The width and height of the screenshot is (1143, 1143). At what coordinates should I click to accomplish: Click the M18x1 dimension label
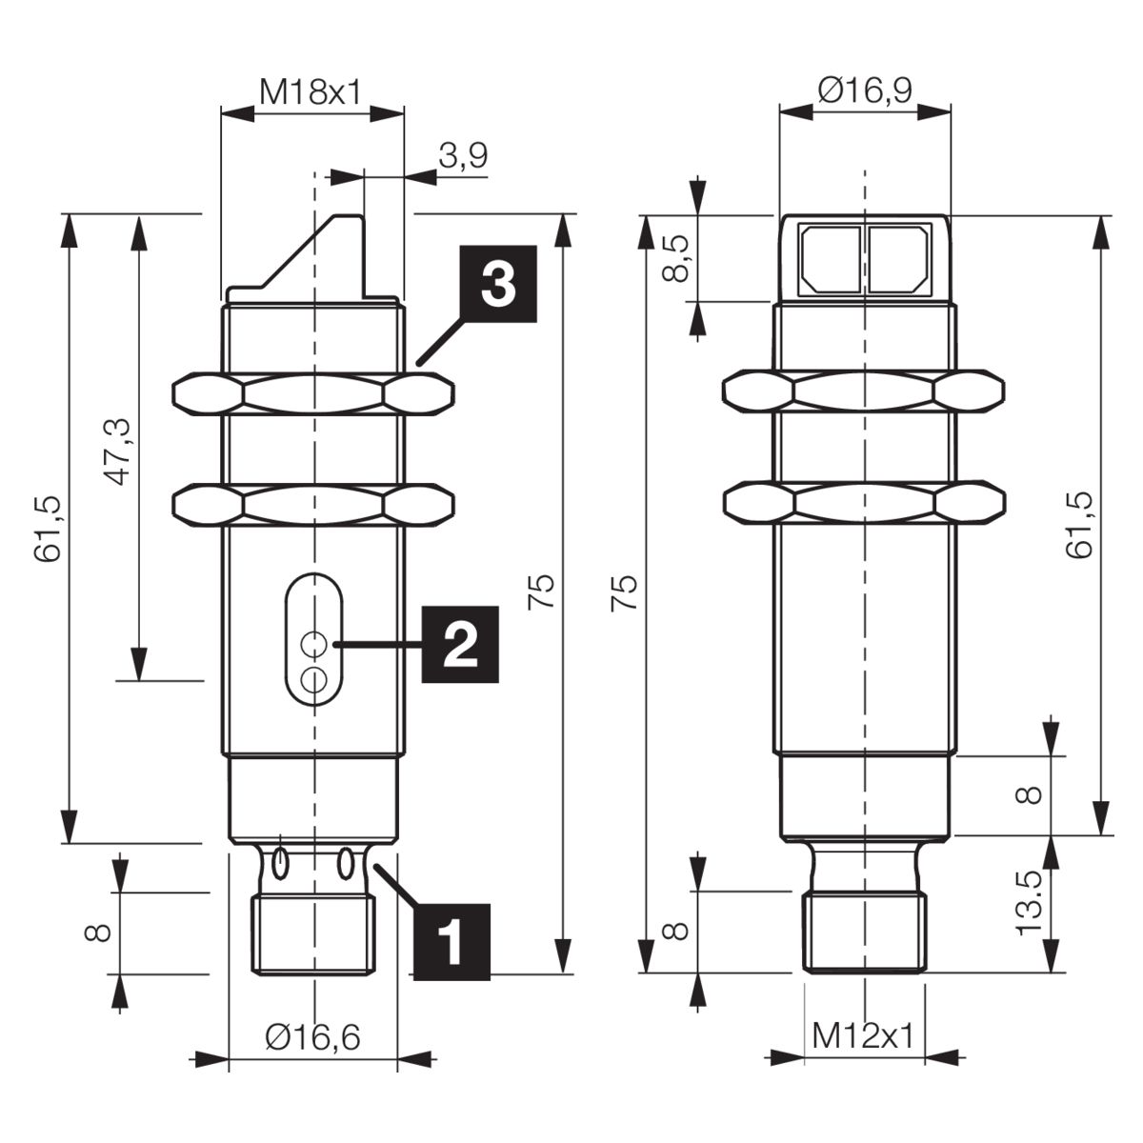(311, 92)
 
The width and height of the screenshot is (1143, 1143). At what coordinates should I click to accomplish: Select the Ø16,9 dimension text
(865, 90)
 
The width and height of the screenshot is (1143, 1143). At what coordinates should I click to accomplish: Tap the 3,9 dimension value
(463, 156)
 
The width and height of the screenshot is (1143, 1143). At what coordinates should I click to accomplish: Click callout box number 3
(498, 284)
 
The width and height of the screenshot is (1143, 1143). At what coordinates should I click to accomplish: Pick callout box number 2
(460, 644)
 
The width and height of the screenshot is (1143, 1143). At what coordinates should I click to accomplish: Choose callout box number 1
(452, 943)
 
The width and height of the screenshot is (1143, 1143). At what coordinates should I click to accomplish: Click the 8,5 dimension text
(675, 258)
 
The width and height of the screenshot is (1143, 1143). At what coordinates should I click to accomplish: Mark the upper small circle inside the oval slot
(313, 644)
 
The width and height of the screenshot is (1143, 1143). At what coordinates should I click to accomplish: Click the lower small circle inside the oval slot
(313, 679)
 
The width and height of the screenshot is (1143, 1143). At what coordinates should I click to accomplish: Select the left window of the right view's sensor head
(831, 259)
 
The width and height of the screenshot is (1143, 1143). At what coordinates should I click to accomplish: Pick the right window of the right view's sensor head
(898, 259)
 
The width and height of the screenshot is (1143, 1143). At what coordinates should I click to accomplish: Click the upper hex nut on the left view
(313, 393)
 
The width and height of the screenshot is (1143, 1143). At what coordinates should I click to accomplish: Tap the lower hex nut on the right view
(864, 505)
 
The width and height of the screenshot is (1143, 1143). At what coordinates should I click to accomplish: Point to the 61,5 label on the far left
(48, 528)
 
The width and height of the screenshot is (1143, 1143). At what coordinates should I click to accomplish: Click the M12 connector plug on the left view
(313, 934)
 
